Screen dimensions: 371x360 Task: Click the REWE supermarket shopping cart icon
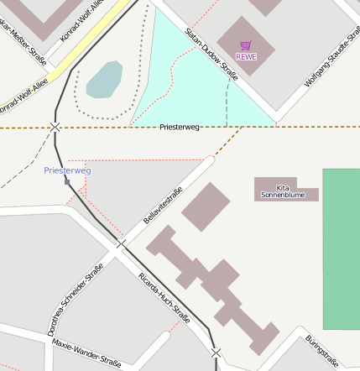click(x=245, y=45)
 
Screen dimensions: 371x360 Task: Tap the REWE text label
click(x=246, y=57)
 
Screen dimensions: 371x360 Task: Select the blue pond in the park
click(x=104, y=79)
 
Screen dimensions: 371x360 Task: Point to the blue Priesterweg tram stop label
click(x=67, y=170)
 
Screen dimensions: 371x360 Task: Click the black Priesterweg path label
click(x=180, y=126)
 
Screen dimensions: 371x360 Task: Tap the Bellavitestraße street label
click(x=163, y=205)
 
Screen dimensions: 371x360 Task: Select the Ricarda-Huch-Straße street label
click(x=164, y=297)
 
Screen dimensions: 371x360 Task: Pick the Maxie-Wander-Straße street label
click(x=86, y=353)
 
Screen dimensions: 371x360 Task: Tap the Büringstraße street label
click(x=321, y=351)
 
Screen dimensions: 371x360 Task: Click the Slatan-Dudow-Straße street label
click(x=212, y=54)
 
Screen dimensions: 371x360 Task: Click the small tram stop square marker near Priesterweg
click(x=67, y=180)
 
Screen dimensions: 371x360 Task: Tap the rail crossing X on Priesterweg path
click(x=55, y=127)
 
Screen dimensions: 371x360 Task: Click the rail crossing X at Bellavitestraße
click(x=120, y=244)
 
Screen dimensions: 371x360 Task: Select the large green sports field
click(x=341, y=248)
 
